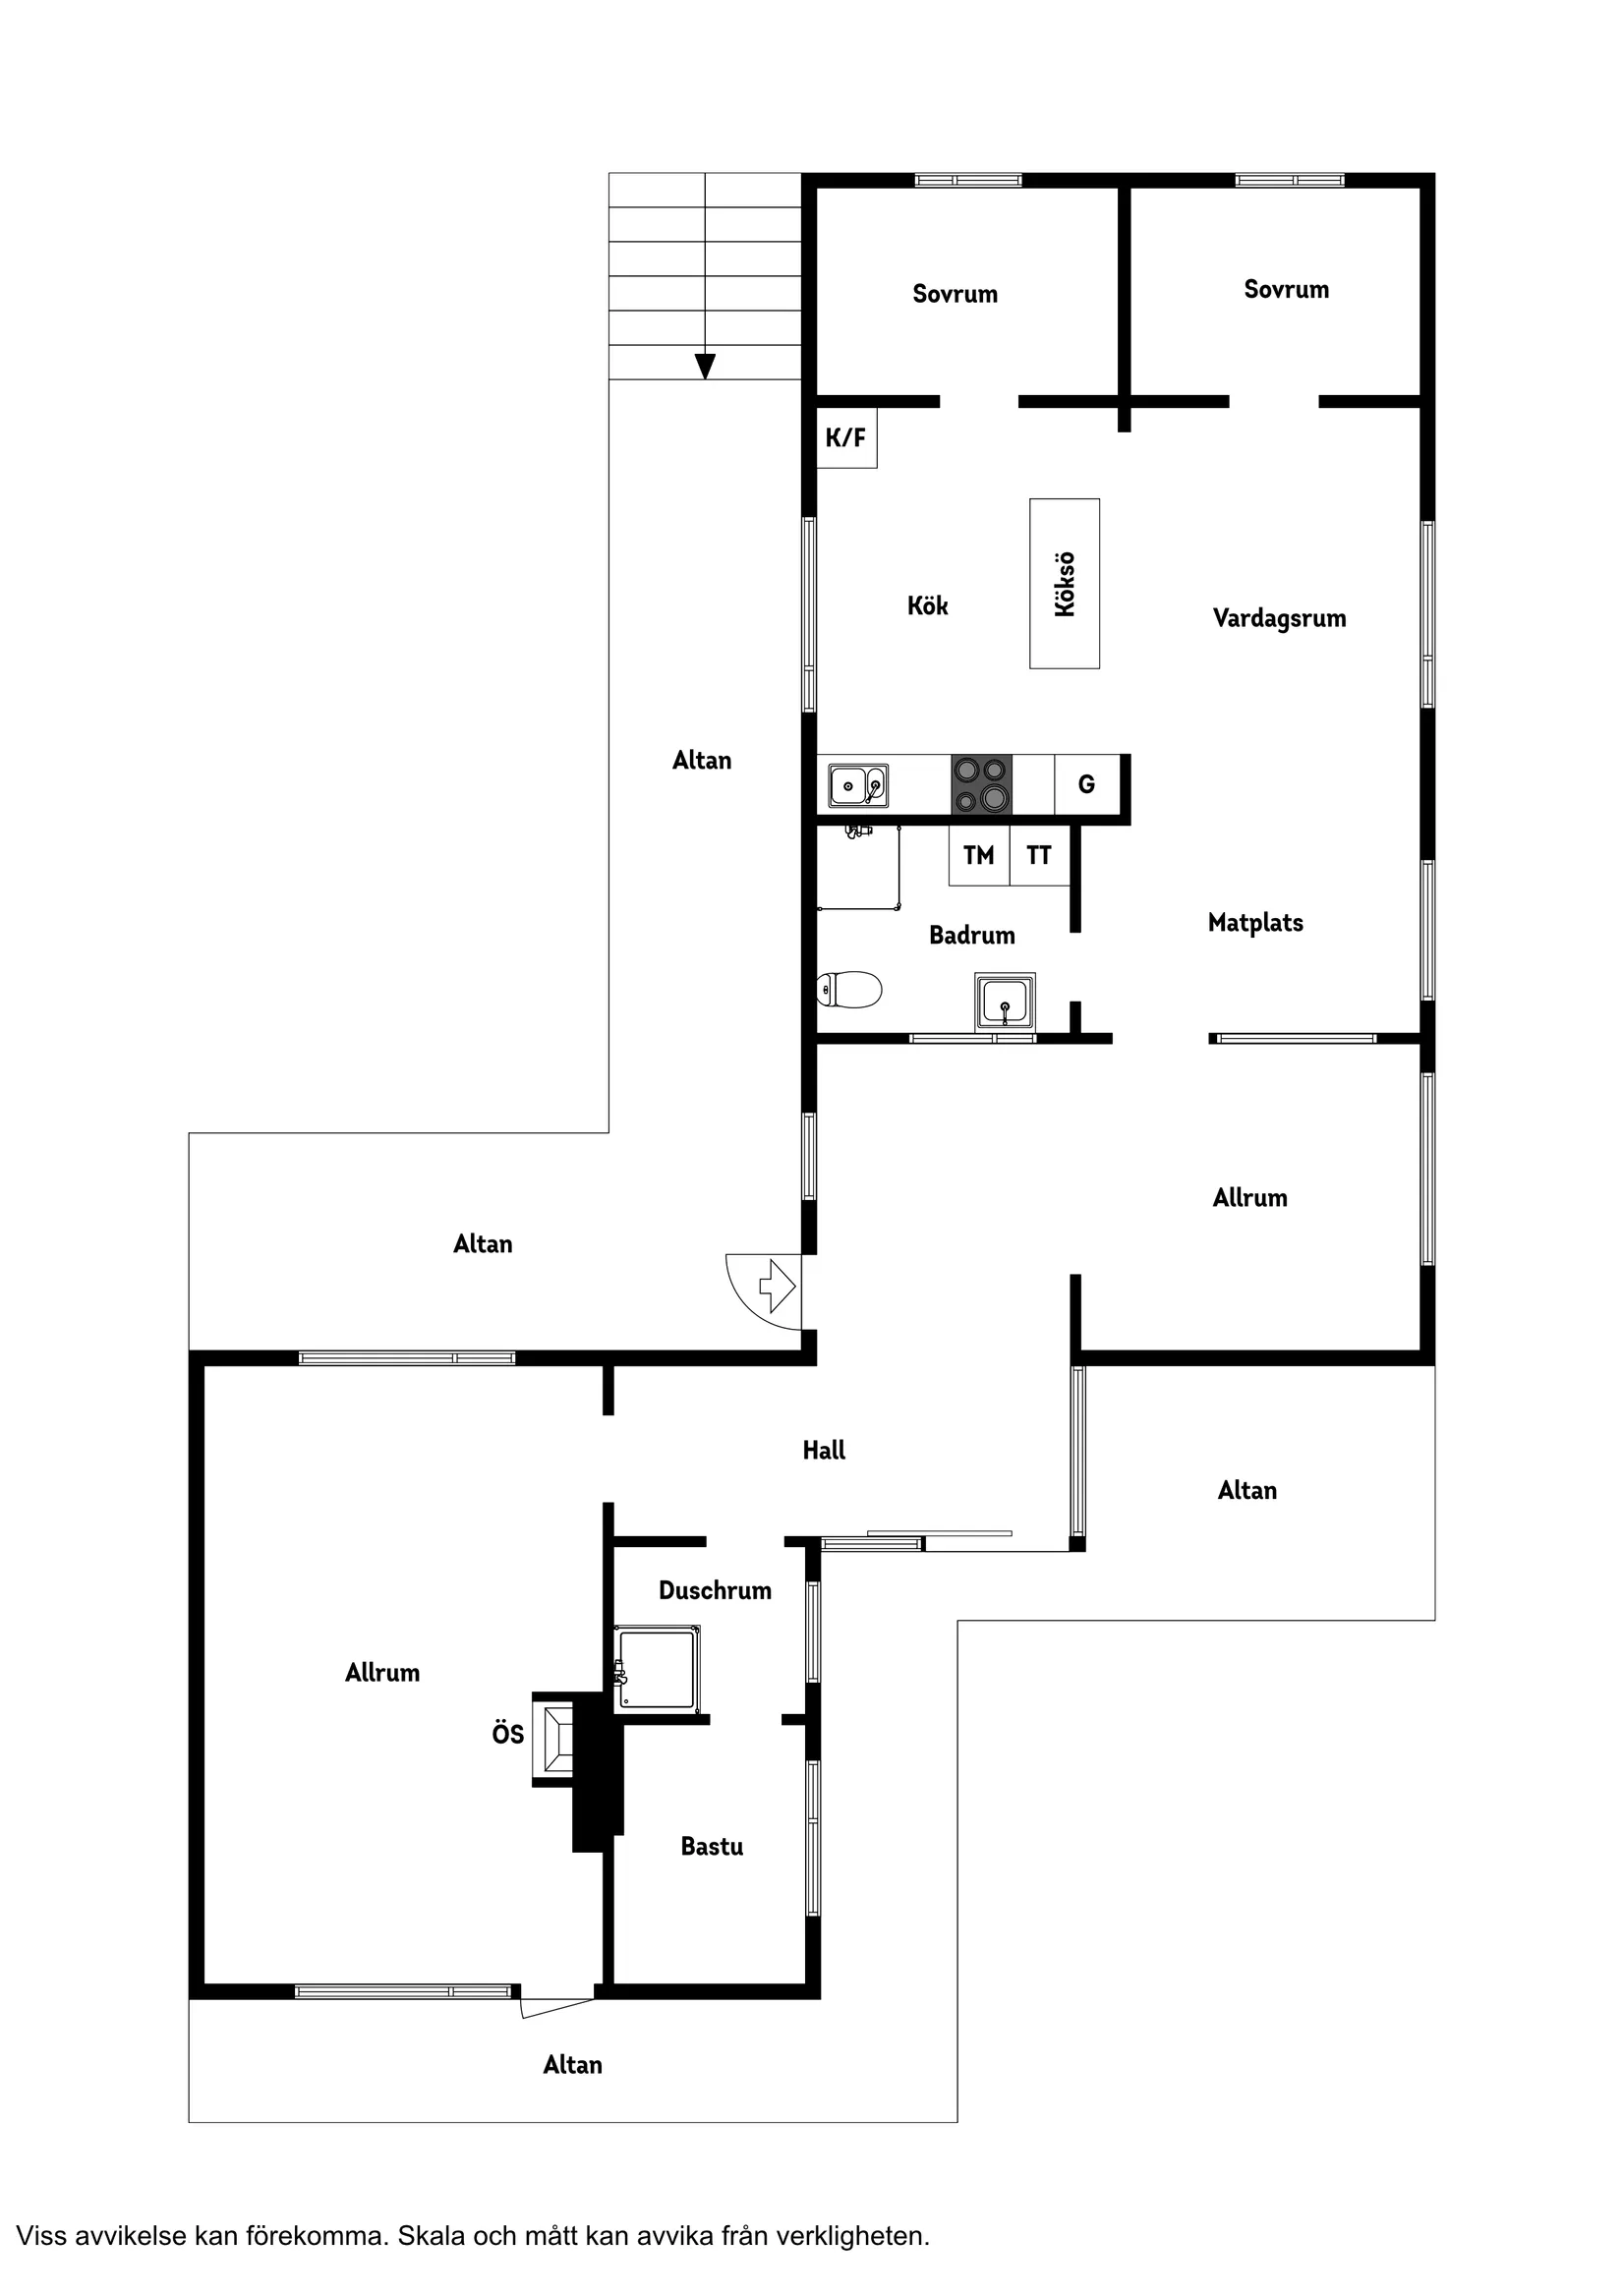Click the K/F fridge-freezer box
pyautogui.click(x=846, y=437)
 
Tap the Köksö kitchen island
pyautogui.click(x=1065, y=584)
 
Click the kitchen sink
pyautogui.click(x=857, y=785)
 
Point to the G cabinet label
pyautogui.click(x=1086, y=784)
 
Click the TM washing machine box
pyautogui.click(x=978, y=855)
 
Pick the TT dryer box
pyautogui.click(x=1038, y=855)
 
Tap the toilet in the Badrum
pyautogui.click(x=848, y=990)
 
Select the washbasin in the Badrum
pyautogui.click(x=1005, y=1002)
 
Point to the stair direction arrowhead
pyautogui.click(x=705, y=367)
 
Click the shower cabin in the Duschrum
pyautogui.click(x=657, y=1668)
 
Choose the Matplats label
pyautogui.click(x=1255, y=923)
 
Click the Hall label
pyautogui.click(x=824, y=1451)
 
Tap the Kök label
pyautogui.click(x=927, y=605)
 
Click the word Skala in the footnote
pyautogui.click(x=433, y=2235)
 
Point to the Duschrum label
pyautogui.click(x=715, y=1590)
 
